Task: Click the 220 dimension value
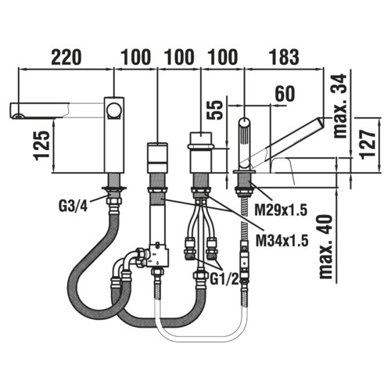click(66, 57)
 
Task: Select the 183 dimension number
click(284, 57)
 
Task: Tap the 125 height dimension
click(41, 145)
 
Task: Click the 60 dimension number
click(285, 94)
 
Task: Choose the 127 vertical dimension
click(368, 144)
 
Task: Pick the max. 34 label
click(341, 106)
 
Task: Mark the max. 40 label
click(326, 246)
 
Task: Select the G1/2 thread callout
click(224, 280)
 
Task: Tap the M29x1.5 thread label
click(281, 210)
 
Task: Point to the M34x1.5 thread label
click(282, 241)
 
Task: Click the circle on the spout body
click(114, 110)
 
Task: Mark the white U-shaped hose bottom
click(201, 332)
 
